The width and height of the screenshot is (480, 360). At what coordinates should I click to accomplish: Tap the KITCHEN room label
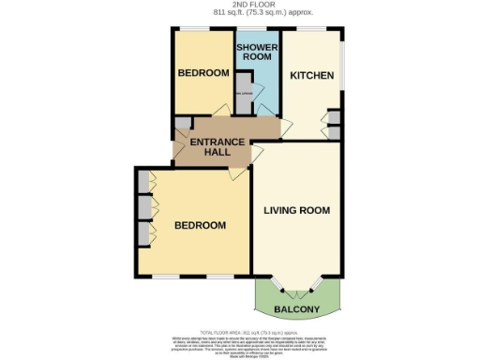(311, 75)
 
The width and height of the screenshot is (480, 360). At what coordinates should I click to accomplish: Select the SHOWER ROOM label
(255, 52)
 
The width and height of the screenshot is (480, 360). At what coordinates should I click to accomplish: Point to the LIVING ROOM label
(296, 210)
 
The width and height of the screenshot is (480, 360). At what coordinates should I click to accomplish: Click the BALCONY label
(296, 309)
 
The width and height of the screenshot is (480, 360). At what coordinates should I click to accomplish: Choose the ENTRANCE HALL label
(217, 148)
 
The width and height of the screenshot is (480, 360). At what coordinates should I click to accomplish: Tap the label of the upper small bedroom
(203, 73)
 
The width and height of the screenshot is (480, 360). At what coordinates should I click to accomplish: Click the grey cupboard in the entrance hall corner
(181, 124)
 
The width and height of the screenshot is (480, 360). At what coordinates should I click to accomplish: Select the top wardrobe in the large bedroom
(142, 180)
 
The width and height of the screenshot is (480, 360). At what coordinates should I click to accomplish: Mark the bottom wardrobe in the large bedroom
(142, 232)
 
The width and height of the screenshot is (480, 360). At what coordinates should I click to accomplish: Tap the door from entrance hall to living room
(257, 150)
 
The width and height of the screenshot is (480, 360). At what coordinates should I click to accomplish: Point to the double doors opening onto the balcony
(298, 283)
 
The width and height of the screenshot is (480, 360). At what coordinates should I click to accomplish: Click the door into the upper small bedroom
(220, 112)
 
